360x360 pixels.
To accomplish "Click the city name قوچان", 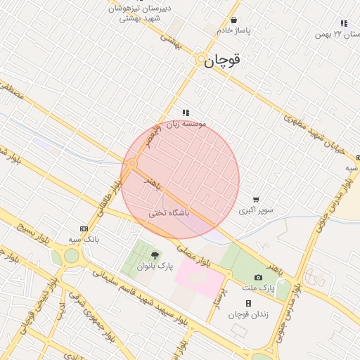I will point(223,61).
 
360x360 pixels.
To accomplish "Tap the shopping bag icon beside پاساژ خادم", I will point(233,20).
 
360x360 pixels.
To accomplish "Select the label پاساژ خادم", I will point(233,31).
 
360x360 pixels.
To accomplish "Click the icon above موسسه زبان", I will point(186,112).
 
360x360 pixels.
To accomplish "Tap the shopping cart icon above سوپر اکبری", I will point(256,200).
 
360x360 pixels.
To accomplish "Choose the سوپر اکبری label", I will point(256,210).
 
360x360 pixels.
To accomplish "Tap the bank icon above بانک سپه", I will point(84,229).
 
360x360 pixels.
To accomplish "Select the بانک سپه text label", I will point(83,240).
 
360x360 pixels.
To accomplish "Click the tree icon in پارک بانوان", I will point(155,255).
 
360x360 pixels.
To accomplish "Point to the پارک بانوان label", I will point(155,266).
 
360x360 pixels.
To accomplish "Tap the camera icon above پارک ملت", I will point(259,278).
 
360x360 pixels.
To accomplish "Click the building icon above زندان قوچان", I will point(248,303).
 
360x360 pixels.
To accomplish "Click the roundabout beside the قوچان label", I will point(201,60).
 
